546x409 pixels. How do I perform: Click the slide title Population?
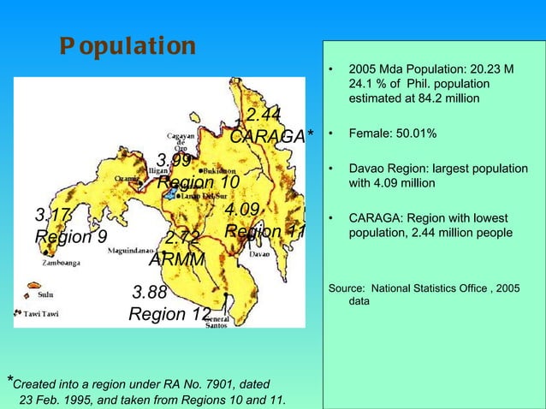[x=128, y=46]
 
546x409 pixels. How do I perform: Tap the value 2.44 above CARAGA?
[x=264, y=115]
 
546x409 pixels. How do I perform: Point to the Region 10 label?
[x=198, y=183]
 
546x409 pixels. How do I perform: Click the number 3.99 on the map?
[x=174, y=161]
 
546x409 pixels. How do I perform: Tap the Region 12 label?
[x=169, y=315]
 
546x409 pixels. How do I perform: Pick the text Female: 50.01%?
[x=393, y=134]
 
